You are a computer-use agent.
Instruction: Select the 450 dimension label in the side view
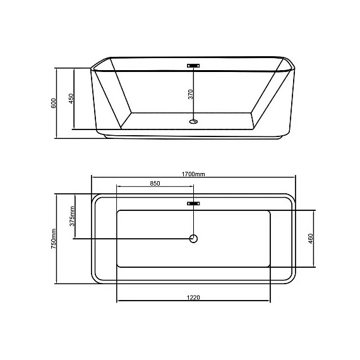(x=72, y=100)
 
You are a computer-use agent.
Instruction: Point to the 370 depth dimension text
(x=190, y=95)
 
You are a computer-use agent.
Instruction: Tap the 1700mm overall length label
(x=193, y=174)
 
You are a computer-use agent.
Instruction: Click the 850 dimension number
(x=155, y=184)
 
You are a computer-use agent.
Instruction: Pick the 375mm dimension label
(x=72, y=217)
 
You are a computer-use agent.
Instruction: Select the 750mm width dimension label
(x=55, y=238)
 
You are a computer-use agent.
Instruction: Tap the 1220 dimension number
(x=194, y=297)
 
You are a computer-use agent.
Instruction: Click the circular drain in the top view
(x=194, y=238)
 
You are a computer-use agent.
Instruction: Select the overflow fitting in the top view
(x=194, y=203)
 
